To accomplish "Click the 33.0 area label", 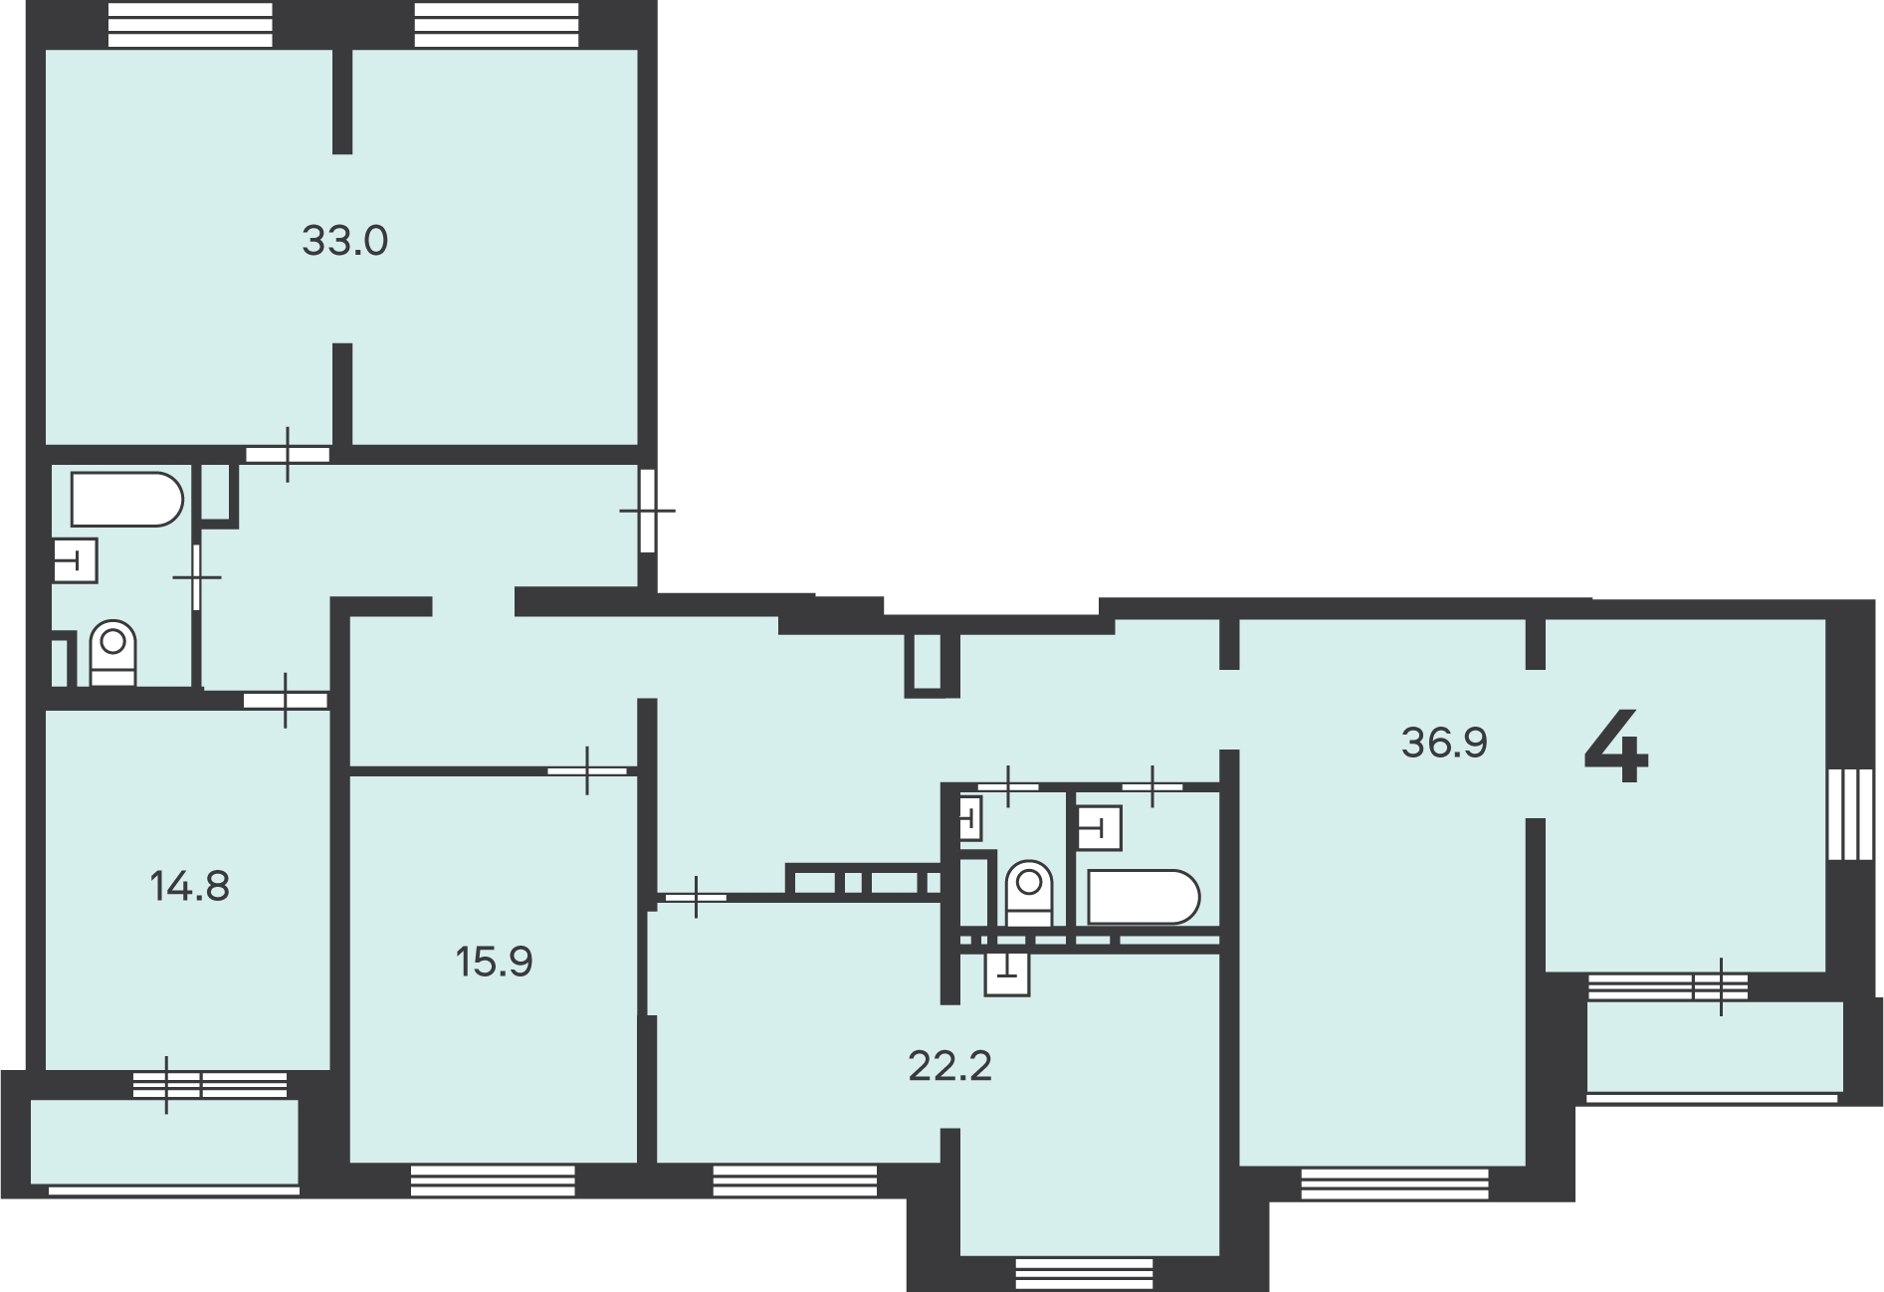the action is click(x=344, y=242).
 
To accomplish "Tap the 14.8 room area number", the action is click(x=189, y=885).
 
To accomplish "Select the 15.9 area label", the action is click(x=495, y=963).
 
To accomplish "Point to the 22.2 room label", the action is click(x=950, y=1067).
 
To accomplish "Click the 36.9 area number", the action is click(x=1444, y=743).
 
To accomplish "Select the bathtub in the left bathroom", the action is click(x=126, y=500).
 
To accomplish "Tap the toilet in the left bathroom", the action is click(x=113, y=653).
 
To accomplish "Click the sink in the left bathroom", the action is click(x=74, y=559).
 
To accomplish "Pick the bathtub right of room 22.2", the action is click(x=1144, y=898).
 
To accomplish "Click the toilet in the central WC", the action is click(x=1029, y=894).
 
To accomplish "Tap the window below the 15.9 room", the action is click(x=493, y=1181).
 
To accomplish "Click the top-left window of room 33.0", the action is click(x=189, y=25).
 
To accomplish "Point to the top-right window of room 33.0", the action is click(x=496, y=25).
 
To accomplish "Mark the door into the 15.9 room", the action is click(x=587, y=770).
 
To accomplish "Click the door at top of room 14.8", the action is click(x=286, y=700).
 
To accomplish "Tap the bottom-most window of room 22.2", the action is click(x=1084, y=1273).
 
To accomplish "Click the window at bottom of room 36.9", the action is click(x=1394, y=1183).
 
